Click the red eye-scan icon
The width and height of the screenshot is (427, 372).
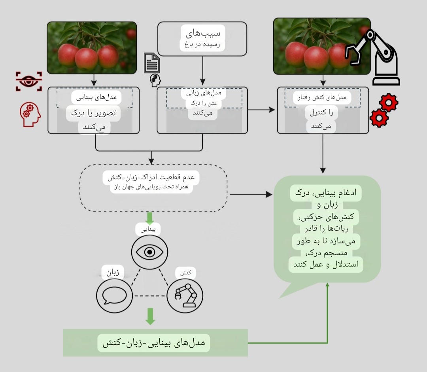click(x=28, y=81)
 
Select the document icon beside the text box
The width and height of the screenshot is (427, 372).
click(x=152, y=63)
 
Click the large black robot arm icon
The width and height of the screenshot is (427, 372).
click(x=374, y=57)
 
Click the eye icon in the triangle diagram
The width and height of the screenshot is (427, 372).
click(x=149, y=252)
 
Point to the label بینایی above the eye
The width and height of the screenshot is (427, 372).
click(x=149, y=229)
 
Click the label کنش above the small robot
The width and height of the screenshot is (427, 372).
click(x=186, y=273)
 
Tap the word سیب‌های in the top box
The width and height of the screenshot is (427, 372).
click(x=203, y=32)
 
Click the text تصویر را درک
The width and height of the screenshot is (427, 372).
click(x=93, y=113)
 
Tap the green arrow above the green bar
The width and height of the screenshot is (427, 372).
click(x=149, y=316)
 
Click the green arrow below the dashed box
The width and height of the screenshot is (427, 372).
click(x=149, y=218)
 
